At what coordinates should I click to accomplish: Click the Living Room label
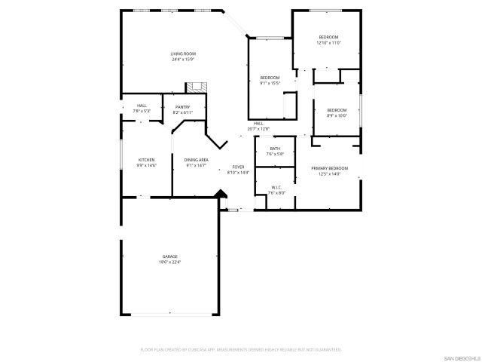point(183,54)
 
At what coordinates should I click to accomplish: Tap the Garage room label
point(169,256)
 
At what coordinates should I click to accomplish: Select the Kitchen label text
point(146,160)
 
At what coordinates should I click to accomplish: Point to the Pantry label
point(183,107)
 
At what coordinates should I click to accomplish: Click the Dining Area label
point(196,160)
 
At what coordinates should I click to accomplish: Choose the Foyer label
point(238,167)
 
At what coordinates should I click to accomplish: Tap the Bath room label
point(275,149)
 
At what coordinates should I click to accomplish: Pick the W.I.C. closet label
point(276,187)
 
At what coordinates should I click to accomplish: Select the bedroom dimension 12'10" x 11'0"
point(328,43)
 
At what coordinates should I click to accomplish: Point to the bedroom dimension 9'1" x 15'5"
point(270,83)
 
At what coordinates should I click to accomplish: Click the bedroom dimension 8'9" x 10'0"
point(336,115)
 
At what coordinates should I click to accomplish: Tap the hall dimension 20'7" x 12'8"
point(258,129)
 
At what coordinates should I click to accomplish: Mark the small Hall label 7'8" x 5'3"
point(142,111)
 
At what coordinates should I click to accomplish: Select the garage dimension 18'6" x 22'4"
point(169,262)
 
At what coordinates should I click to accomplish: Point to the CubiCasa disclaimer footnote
point(241,350)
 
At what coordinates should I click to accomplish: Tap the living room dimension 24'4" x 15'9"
point(183,60)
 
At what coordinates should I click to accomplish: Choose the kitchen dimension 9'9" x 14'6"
point(146,165)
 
